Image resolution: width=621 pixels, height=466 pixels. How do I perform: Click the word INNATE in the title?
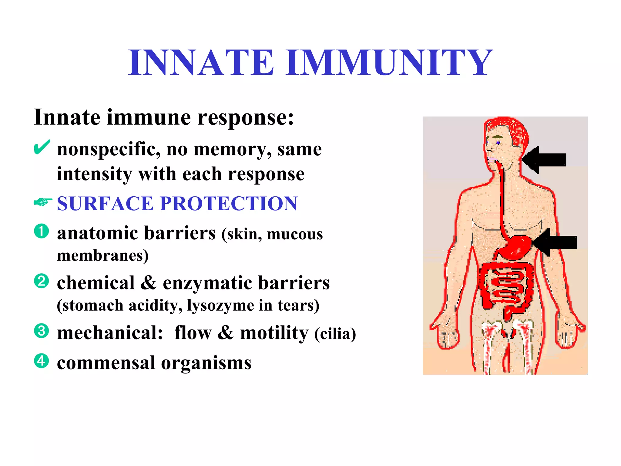(201, 62)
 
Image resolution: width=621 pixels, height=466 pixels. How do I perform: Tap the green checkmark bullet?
(42, 147)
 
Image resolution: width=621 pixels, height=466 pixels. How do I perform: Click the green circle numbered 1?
(42, 231)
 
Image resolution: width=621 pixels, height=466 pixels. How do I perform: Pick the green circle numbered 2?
(42, 281)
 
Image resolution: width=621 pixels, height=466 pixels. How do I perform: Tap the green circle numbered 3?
(42, 331)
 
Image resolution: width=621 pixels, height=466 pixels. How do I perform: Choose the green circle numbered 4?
(42, 361)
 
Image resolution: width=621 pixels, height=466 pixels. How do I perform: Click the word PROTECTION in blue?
(229, 203)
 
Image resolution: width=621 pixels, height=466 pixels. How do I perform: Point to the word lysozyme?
(220, 305)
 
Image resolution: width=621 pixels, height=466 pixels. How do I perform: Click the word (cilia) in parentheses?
(335, 334)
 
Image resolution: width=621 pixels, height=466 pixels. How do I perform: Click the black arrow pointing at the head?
(544, 160)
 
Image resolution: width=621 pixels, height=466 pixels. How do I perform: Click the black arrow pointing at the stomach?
(555, 242)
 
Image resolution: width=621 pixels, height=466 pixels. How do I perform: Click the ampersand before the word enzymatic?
(149, 283)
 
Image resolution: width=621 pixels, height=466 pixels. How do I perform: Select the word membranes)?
(103, 255)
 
